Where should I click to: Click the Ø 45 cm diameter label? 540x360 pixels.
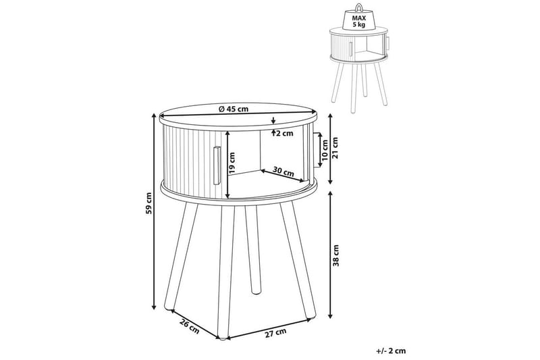tap(234, 109)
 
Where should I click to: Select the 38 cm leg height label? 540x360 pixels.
tap(335, 255)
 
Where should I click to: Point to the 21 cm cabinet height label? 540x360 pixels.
tap(335, 147)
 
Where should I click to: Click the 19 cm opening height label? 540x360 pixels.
tap(232, 163)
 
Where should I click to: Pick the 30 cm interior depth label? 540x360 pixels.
tap(283, 172)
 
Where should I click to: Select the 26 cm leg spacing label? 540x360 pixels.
tap(190, 326)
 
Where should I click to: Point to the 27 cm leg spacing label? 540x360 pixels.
tap(275, 332)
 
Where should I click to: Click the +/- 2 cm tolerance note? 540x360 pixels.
tap(391, 351)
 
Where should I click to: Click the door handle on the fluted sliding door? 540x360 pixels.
tap(217, 165)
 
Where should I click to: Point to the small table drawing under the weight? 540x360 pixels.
tap(359, 70)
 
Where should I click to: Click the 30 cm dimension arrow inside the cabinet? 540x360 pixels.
tap(283, 176)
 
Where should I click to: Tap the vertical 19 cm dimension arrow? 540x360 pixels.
tap(227, 165)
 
